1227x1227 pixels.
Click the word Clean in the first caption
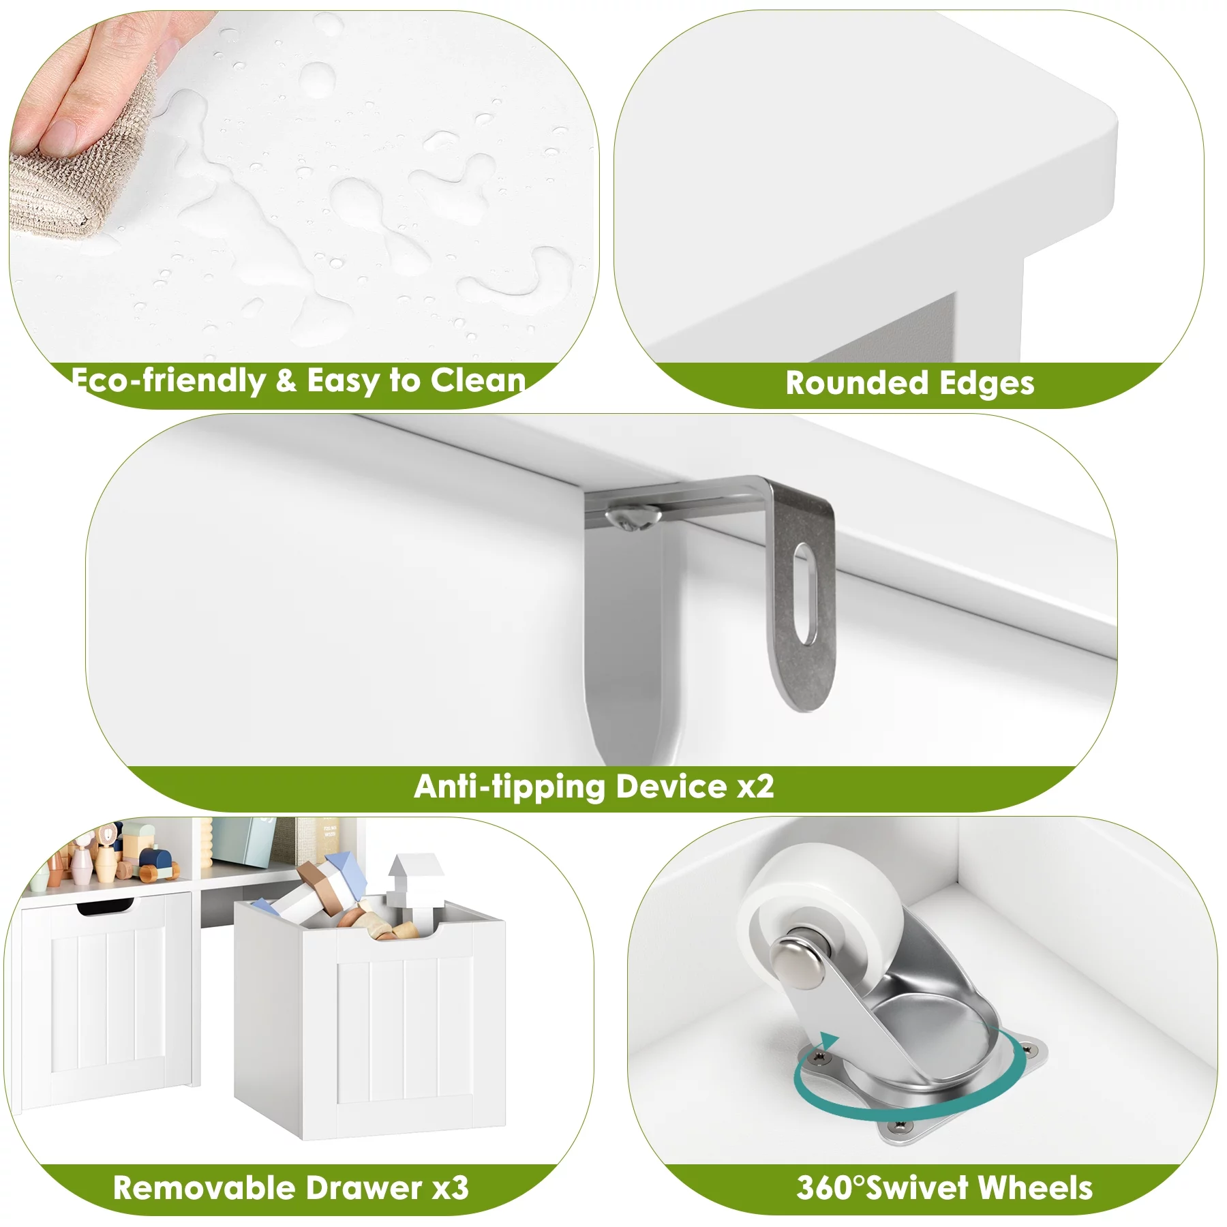(479, 380)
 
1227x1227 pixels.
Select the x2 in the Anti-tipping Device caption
(756, 787)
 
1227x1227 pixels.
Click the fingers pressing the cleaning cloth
(89, 82)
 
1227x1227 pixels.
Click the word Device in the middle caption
(671, 787)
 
